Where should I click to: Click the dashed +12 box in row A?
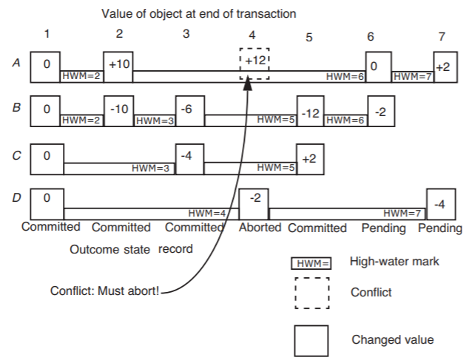pos(254,64)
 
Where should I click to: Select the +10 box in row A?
pos(118,66)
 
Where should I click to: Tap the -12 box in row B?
pos(311,112)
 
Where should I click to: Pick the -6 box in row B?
pos(190,110)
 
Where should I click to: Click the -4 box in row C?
pos(189,157)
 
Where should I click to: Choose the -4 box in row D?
pos(441,204)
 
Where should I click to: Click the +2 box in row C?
pos(310,157)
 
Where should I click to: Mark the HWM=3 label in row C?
pos(151,168)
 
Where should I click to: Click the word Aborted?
pos(260,228)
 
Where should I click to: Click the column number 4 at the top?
pos(253,35)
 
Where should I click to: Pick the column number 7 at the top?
pos(442,35)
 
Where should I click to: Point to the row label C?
pos(16,157)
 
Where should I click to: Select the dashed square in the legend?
pos(311,293)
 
